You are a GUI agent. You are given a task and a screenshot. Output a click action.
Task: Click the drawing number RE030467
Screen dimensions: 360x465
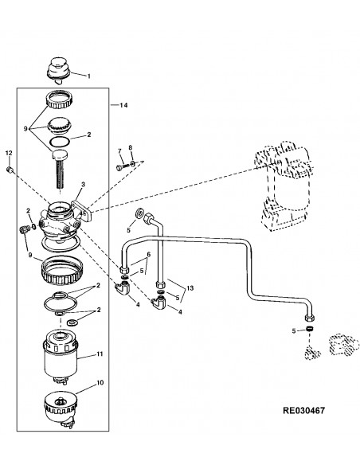304,410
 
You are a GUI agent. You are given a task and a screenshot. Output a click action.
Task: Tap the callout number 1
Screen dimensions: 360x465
88,76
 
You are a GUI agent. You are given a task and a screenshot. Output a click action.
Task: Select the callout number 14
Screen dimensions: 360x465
123,105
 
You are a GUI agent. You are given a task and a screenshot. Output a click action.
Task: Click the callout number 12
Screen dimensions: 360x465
9,153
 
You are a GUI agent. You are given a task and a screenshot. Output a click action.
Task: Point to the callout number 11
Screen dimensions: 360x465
100,354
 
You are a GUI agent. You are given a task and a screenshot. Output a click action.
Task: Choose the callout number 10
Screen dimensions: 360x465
100,382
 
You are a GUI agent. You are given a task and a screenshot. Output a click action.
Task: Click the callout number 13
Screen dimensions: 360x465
190,288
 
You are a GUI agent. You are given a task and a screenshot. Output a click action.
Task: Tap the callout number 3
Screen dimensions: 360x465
83,185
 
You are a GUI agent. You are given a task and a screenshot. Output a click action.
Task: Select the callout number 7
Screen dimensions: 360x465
119,151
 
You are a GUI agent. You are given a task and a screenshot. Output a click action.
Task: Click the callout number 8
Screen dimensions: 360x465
130,147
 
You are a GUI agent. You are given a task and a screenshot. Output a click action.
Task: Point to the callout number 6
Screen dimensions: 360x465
149,254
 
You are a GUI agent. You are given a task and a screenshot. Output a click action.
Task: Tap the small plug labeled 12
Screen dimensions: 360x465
9,170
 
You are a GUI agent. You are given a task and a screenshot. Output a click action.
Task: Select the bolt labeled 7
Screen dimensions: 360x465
123,167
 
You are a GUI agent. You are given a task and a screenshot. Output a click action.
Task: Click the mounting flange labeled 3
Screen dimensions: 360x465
83,210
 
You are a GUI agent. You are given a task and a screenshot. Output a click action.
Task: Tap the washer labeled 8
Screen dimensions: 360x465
132,162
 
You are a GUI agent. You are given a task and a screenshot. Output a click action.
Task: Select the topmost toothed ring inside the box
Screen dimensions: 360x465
59,100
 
